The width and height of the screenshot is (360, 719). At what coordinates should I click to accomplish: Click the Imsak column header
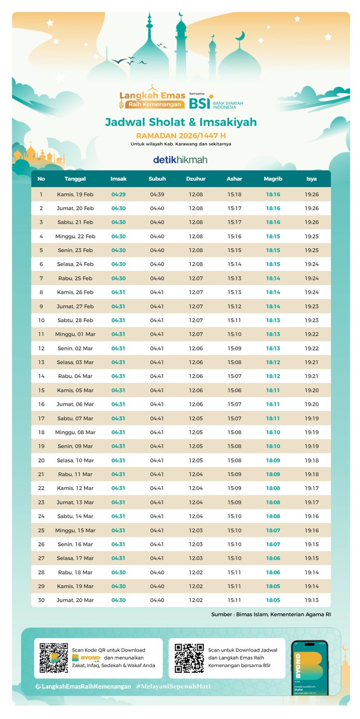[x=118, y=179]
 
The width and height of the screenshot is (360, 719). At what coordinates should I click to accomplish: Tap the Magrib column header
[x=273, y=179]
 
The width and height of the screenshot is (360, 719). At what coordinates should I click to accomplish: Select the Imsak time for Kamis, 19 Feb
[x=118, y=195]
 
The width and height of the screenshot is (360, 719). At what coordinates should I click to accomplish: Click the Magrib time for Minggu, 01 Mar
[x=273, y=335]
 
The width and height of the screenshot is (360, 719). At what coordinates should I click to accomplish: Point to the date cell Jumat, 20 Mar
[x=75, y=600]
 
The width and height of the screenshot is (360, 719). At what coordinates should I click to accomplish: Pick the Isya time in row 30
[x=312, y=600]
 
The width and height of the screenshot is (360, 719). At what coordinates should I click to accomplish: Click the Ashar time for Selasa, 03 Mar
[x=235, y=362]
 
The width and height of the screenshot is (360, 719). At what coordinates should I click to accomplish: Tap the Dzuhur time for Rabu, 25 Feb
[x=196, y=279]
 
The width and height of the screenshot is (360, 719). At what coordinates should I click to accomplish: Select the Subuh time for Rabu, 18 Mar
[x=157, y=573]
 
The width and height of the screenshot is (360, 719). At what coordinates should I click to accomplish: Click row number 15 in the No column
[x=41, y=391]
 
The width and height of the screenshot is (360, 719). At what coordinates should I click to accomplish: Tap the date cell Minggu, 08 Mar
[x=75, y=432]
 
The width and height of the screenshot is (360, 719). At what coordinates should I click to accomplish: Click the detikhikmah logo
[x=180, y=160]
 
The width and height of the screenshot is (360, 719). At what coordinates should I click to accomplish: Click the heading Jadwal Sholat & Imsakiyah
[x=181, y=122]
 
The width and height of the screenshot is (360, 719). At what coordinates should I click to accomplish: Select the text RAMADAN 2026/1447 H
[x=181, y=136]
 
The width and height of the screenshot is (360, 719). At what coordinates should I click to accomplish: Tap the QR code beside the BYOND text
[x=54, y=658]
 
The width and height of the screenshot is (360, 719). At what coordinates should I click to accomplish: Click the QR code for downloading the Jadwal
[x=189, y=658]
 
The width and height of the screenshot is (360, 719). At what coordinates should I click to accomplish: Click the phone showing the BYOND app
[x=309, y=668]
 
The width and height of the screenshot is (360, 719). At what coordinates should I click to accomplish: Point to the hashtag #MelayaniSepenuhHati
[x=173, y=686]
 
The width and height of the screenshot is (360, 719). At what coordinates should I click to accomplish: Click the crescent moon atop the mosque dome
[x=240, y=36]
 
